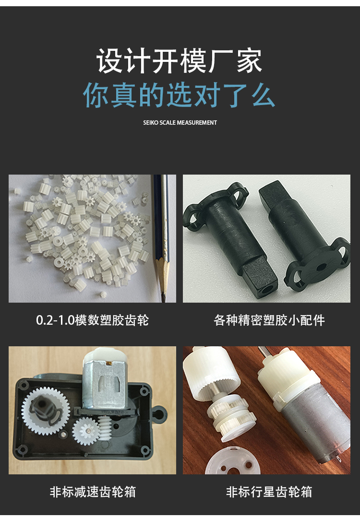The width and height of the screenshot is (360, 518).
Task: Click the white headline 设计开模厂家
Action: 179,61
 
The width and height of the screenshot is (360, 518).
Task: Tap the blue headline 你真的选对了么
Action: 179,95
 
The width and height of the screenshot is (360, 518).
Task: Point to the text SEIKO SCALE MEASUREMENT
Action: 180,123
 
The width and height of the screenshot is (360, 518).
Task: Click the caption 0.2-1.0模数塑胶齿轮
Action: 92,320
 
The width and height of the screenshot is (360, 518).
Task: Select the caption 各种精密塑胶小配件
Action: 269,320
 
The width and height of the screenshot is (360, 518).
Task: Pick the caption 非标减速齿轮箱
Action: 93,492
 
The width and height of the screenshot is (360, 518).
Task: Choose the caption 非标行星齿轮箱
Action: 269,492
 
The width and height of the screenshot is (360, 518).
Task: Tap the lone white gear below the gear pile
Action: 104,294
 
